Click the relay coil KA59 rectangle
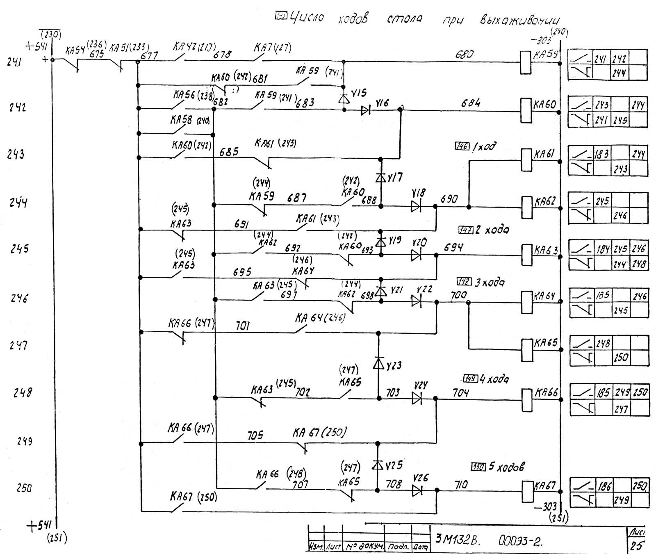pyautogui.click(x=526, y=62)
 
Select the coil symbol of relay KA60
pyautogui.click(x=526, y=110)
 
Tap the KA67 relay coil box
pyautogui.click(x=527, y=491)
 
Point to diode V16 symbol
pyautogui.click(x=365, y=110)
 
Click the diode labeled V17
pyautogui.click(x=381, y=178)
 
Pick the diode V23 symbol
pyautogui.click(x=378, y=363)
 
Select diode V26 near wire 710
pyautogui.click(x=417, y=490)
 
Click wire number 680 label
pyautogui.click(x=464, y=55)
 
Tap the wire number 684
pyautogui.click(x=470, y=103)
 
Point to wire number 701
pyautogui.click(x=242, y=326)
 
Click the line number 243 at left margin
pyautogui.click(x=16, y=154)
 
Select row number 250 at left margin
pyautogui.click(x=24, y=488)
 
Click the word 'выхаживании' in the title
pyautogui.click(x=520, y=20)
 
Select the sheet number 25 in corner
pyautogui.click(x=637, y=546)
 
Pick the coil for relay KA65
pyautogui.click(x=526, y=350)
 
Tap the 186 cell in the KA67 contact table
pyautogui.click(x=604, y=486)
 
